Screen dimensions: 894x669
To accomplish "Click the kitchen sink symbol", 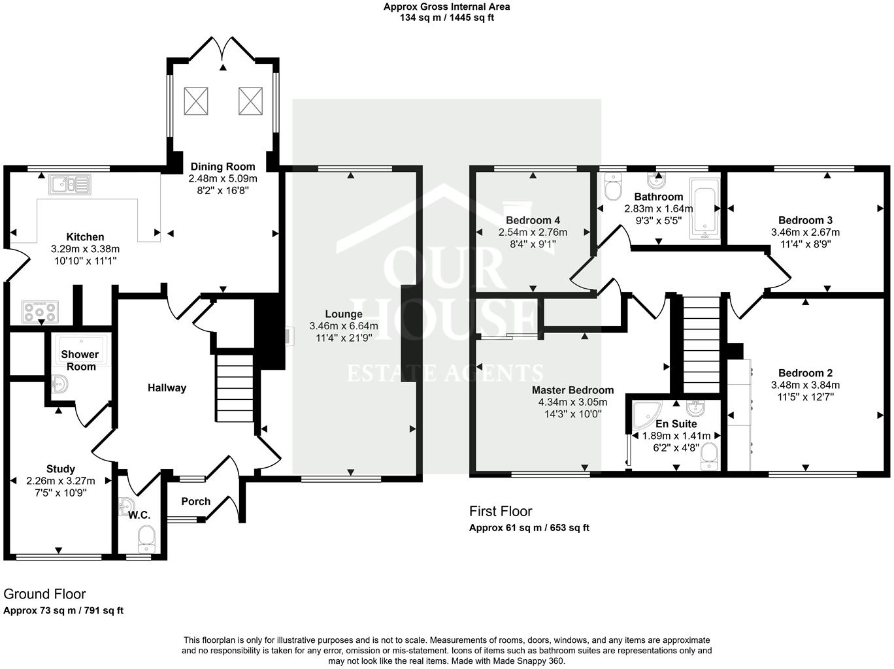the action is tap(70, 184).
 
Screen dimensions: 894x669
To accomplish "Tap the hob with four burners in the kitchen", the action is tap(40, 312).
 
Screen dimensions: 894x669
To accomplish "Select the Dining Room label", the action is tap(223, 166).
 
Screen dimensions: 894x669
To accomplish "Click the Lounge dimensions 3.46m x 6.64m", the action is tap(344, 326).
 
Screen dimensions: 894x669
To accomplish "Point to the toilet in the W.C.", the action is tap(146, 539).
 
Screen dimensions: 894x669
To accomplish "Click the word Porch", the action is tap(196, 501).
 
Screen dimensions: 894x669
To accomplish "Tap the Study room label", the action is tap(61, 468).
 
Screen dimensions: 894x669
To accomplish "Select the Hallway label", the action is tap(167, 387).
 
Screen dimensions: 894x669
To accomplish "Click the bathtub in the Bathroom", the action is tap(704, 208).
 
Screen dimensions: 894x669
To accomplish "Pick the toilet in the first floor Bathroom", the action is tap(613, 186).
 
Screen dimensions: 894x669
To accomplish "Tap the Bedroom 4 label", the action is tap(533, 220).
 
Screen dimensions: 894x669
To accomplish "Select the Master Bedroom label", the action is tap(572, 390).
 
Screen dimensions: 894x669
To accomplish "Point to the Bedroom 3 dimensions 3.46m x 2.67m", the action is tap(805, 232).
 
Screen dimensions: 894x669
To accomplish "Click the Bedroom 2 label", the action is tap(805, 373).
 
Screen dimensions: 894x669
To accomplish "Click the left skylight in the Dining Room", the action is tap(196, 101).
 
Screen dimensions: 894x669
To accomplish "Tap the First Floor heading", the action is tap(501, 511).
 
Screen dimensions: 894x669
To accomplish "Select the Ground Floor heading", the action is tap(45, 594).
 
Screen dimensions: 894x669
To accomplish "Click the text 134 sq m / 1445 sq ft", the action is tap(447, 18).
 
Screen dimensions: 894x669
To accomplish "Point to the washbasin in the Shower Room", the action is tap(60, 384).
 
